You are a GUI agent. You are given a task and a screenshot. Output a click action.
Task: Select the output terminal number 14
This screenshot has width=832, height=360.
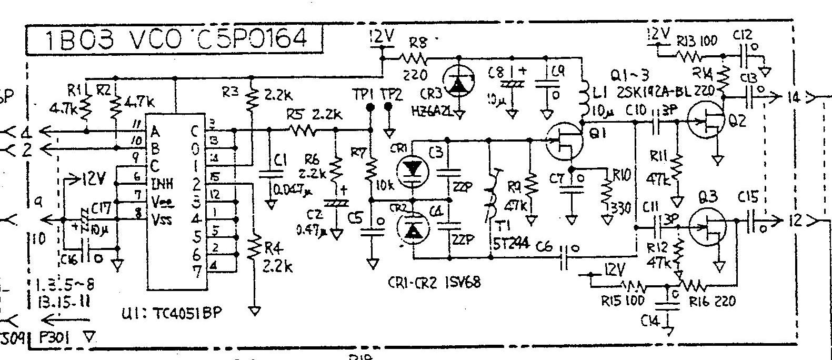pos(794,97)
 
